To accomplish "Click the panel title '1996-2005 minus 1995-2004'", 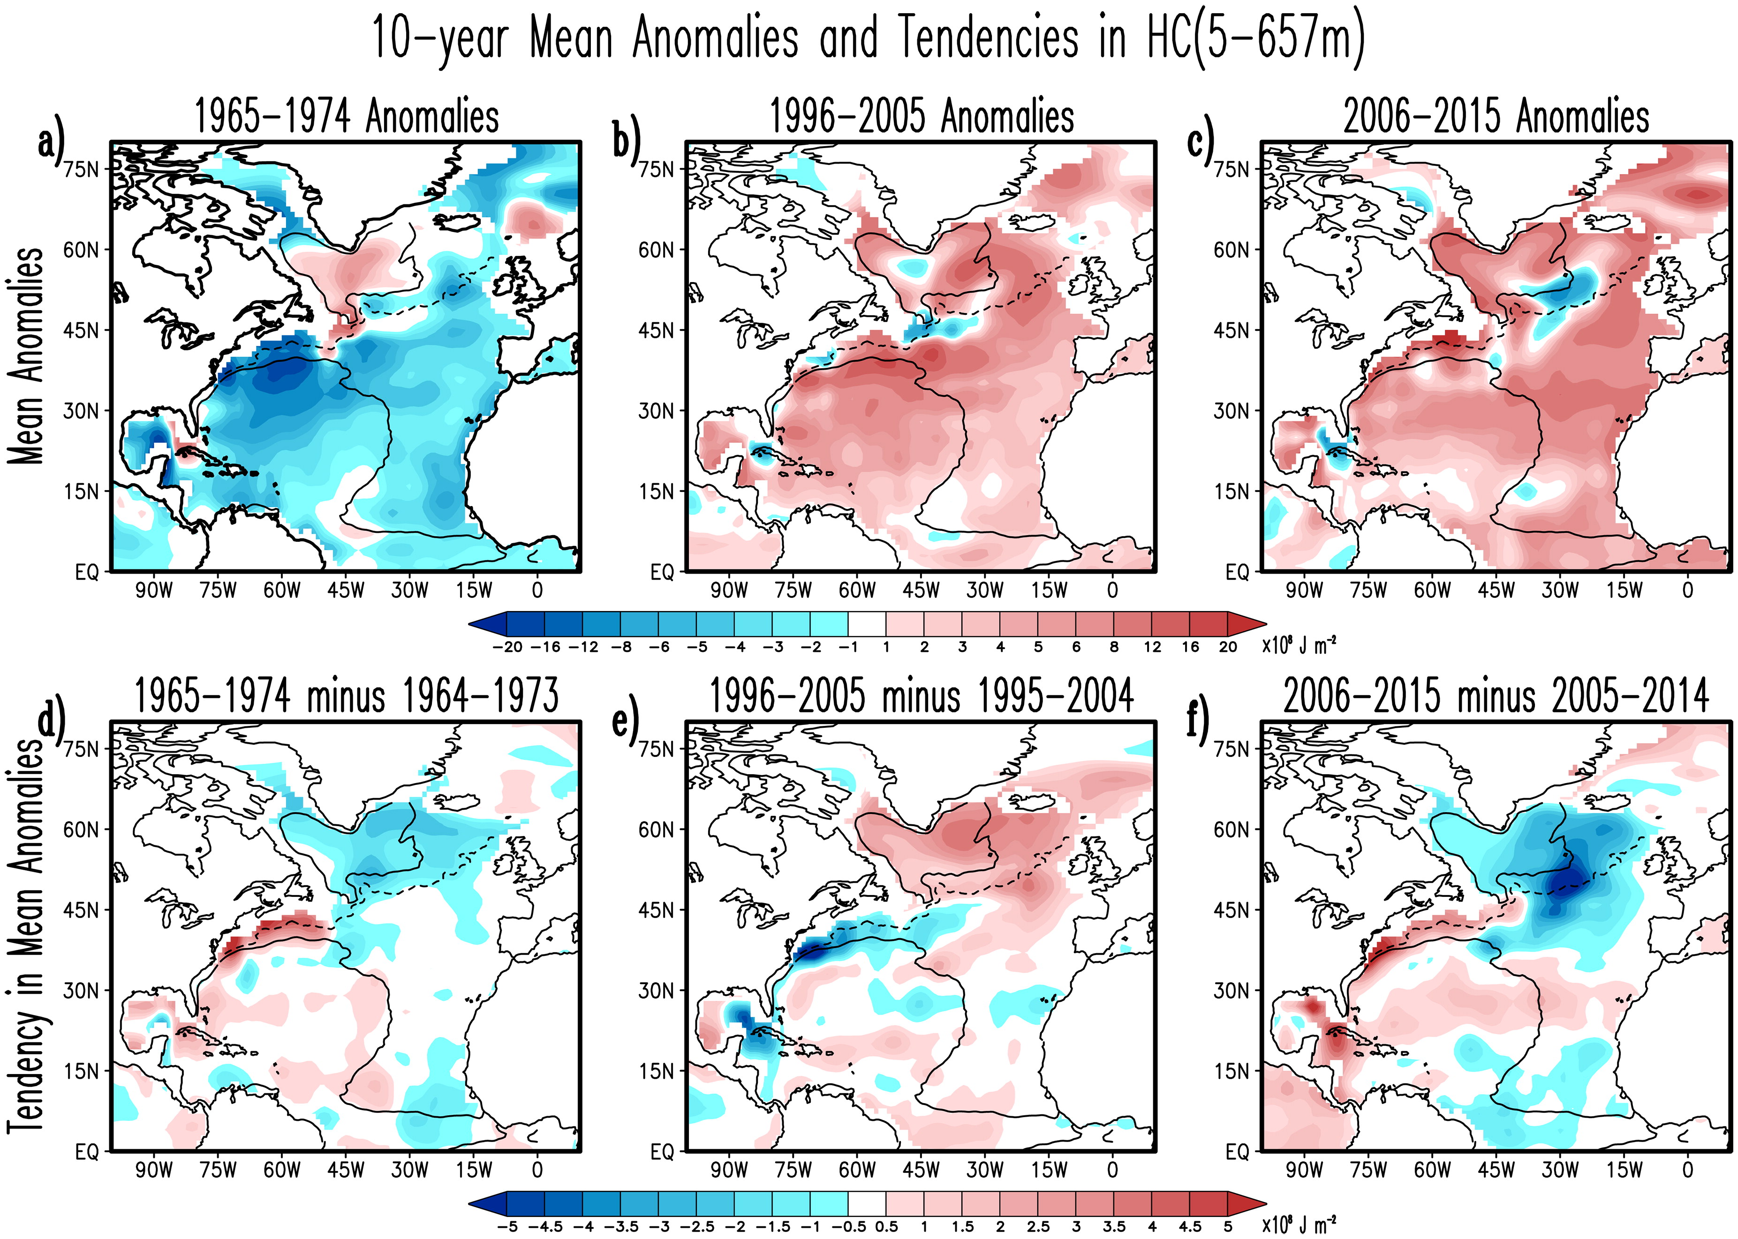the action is (x=921, y=696).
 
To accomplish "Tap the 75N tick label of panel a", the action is (x=82, y=169).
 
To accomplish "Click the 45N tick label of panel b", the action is (x=657, y=330).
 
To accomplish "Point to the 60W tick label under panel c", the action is (x=1432, y=590).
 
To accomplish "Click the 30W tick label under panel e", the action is (x=985, y=1170).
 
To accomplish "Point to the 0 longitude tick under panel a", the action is (x=537, y=590).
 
